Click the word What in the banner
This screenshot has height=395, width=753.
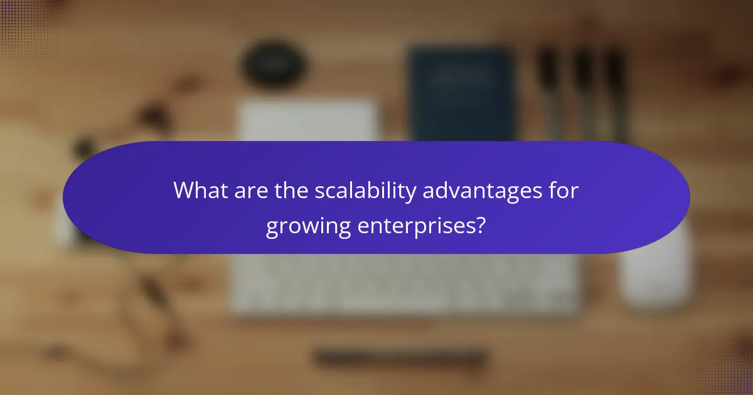coord(200,190)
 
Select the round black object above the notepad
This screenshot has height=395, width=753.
coord(274,63)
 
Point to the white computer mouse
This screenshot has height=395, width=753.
coord(656,270)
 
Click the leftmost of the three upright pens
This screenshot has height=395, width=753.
coord(550,88)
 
